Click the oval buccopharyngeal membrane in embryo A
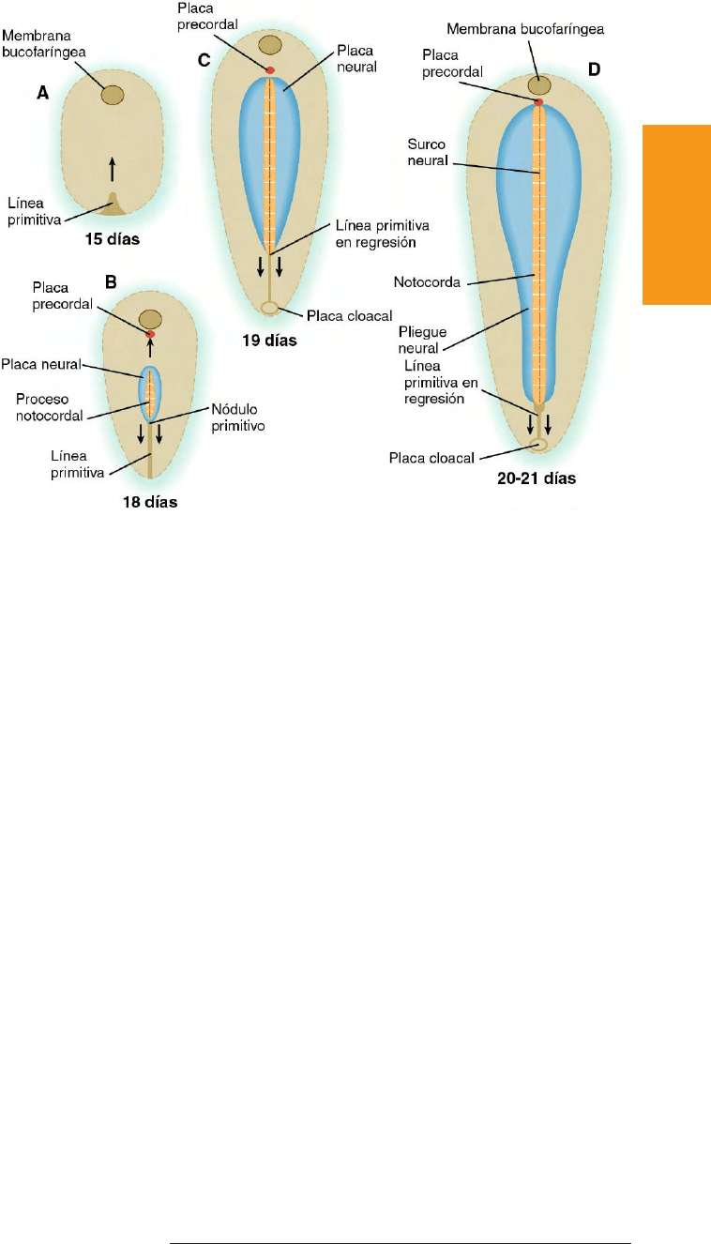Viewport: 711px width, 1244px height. coord(113,95)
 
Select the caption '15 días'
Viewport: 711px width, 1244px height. coord(113,239)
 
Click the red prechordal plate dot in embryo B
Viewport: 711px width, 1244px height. coord(150,334)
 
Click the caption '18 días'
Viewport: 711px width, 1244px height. coord(150,503)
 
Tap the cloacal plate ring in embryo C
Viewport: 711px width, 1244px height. coord(270,308)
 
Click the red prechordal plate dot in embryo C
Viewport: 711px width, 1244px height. coord(270,70)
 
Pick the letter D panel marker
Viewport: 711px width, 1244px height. coord(593,69)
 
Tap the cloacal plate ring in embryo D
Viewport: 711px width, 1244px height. coord(539,445)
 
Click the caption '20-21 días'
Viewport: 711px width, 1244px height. coord(537,478)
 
